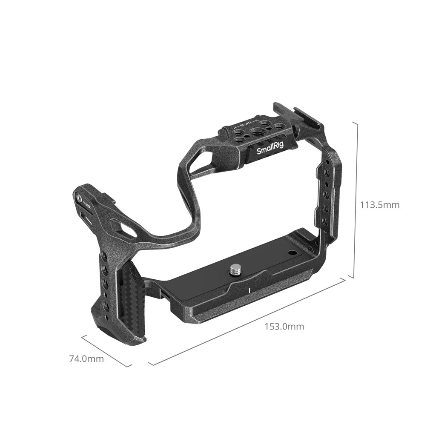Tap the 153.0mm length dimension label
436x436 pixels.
(284, 327)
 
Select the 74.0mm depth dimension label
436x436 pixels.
(86, 359)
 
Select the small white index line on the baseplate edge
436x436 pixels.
(248, 291)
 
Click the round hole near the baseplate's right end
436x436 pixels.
(292, 252)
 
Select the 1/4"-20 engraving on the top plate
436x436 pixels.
(240, 127)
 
